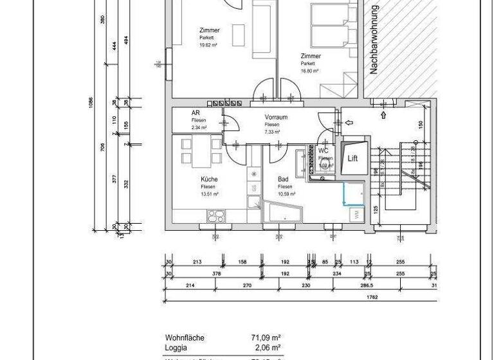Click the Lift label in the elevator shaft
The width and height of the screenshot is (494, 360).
[352, 158]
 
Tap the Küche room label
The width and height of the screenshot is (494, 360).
[209, 179]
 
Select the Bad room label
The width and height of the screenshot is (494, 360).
[283, 179]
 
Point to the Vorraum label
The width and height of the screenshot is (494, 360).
[276, 118]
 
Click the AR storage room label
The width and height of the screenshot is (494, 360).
[196, 113]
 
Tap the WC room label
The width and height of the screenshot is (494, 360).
[324, 150]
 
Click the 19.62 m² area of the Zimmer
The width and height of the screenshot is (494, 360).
[208, 45]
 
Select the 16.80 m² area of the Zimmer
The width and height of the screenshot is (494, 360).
[310, 71]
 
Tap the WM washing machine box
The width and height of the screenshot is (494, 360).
[354, 215]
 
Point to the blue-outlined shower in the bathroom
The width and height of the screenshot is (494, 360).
[353, 194]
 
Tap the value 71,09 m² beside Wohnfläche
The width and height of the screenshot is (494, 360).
[266, 337]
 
